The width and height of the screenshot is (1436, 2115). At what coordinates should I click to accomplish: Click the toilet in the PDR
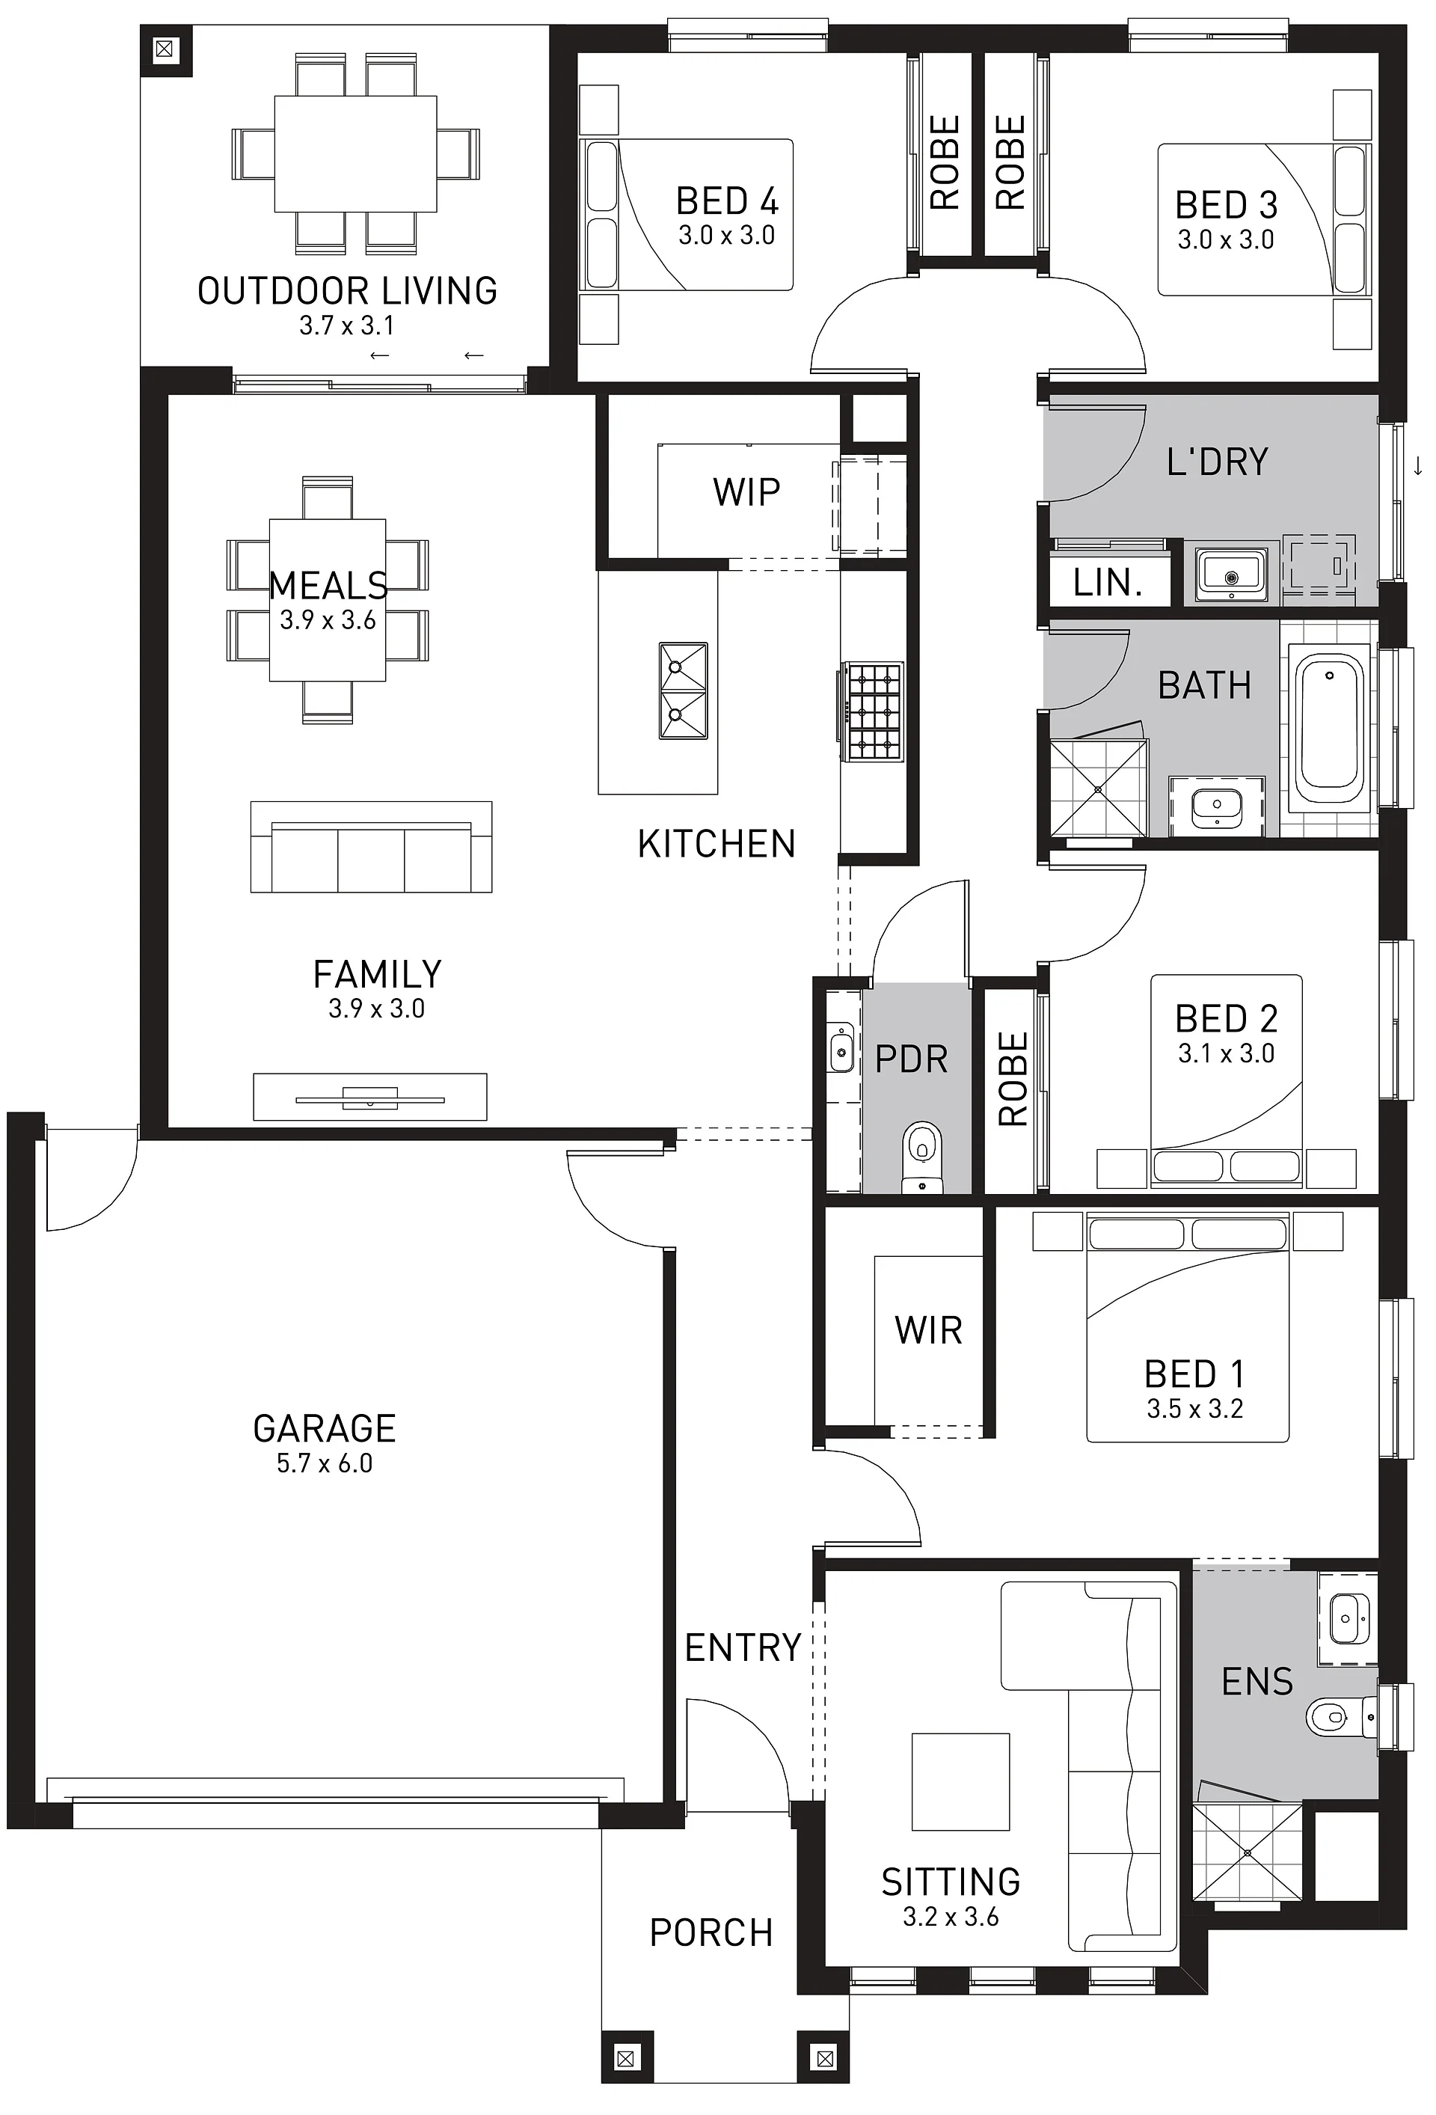click(922, 1156)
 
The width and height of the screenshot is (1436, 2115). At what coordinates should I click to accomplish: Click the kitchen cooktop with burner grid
click(872, 711)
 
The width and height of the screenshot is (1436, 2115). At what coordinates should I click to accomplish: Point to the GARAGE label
click(324, 1429)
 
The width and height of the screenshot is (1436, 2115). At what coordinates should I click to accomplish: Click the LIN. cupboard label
click(1108, 583)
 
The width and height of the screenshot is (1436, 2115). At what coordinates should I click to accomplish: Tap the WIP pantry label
click(746, 492)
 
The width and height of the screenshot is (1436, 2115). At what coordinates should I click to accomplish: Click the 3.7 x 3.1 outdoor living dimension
click(347, 325)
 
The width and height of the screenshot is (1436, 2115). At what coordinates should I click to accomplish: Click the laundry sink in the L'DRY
click(1231, 575)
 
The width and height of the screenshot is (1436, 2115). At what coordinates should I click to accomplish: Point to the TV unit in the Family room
click(369, 1097)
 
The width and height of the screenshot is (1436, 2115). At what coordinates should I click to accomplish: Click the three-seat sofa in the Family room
click(371, 848)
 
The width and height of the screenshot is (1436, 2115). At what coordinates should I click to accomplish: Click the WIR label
click(928, 1330)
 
